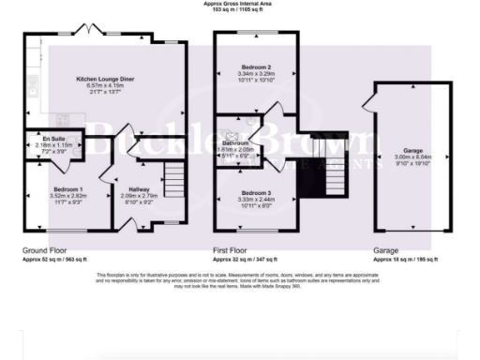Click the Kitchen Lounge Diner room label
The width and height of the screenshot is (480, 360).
[x=104, y=80]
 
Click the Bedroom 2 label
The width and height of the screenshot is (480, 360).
[x=256, y=68]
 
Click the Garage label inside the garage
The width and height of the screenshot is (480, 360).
[x=412, y=149]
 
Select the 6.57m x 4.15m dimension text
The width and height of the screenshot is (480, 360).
[x=104, y=87]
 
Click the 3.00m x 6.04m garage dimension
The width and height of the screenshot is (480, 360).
[x=412, y=157]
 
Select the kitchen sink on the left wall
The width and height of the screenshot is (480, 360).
[x=30, y=91]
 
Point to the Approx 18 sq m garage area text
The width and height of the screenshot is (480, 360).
[x=412, y=259]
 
